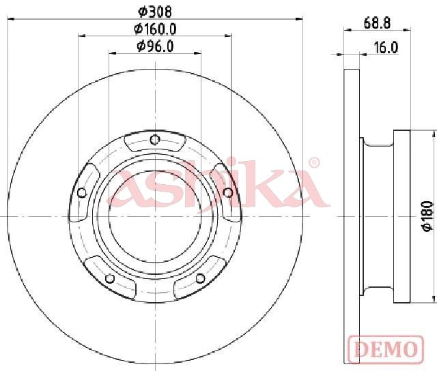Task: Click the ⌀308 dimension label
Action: pos(155,12)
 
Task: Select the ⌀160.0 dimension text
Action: pos(155,29)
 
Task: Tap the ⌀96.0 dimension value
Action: pos(155,46)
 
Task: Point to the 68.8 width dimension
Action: pos(377,23)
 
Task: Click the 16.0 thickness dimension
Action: pos(386,48)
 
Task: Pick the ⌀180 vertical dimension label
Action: pos(428,216)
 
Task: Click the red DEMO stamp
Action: pos(386,349)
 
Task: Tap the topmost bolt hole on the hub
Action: pos(155,139)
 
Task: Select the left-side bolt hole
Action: pos(82,192)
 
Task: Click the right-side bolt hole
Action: pos(228,192)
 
